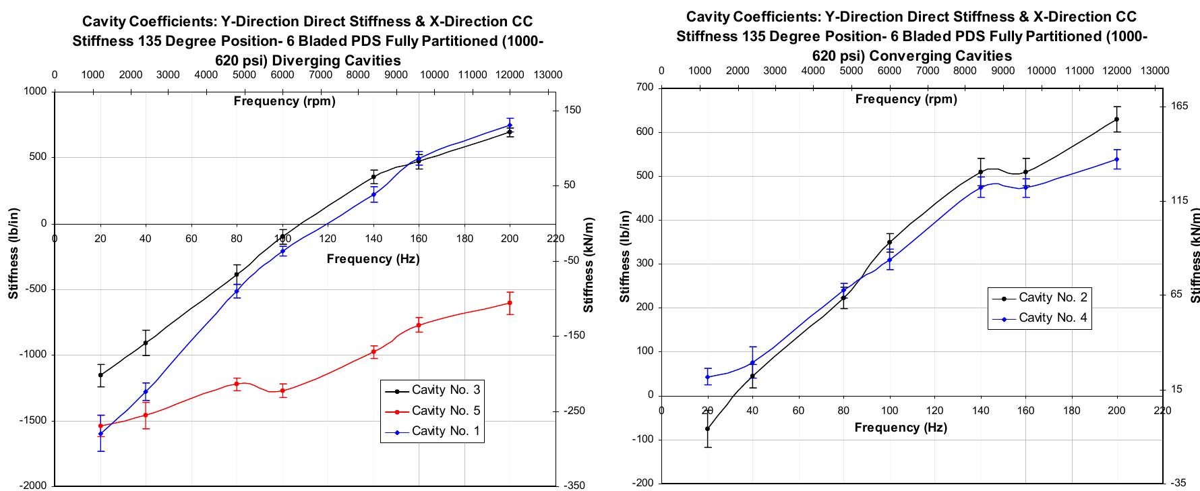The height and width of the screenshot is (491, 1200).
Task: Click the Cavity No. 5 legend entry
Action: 446,410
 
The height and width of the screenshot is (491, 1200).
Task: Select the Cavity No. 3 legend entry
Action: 446,390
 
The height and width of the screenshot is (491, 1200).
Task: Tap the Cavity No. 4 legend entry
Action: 1052,318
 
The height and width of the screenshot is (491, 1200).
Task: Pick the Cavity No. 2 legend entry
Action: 1052,297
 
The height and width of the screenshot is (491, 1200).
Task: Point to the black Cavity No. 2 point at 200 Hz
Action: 1116,119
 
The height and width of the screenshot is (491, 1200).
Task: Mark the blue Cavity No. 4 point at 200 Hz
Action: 1116,159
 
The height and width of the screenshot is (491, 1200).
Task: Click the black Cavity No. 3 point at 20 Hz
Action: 100,375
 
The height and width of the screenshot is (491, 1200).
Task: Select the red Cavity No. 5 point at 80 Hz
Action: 237,384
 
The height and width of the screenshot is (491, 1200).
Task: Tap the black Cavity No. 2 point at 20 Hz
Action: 707,428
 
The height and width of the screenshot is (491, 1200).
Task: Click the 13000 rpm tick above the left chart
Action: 547,74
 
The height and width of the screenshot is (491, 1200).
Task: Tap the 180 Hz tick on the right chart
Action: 1071,410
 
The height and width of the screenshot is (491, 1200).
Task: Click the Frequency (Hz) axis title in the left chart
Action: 373,259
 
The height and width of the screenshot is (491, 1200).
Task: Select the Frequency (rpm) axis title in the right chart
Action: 905,99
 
